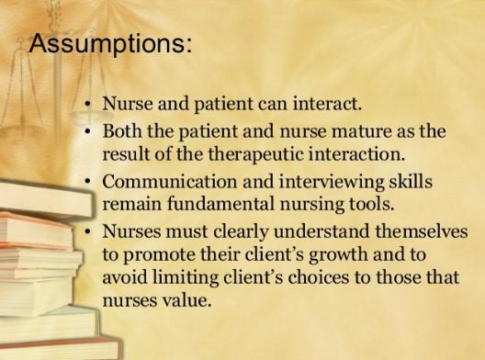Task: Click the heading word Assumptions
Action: point(111,43)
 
